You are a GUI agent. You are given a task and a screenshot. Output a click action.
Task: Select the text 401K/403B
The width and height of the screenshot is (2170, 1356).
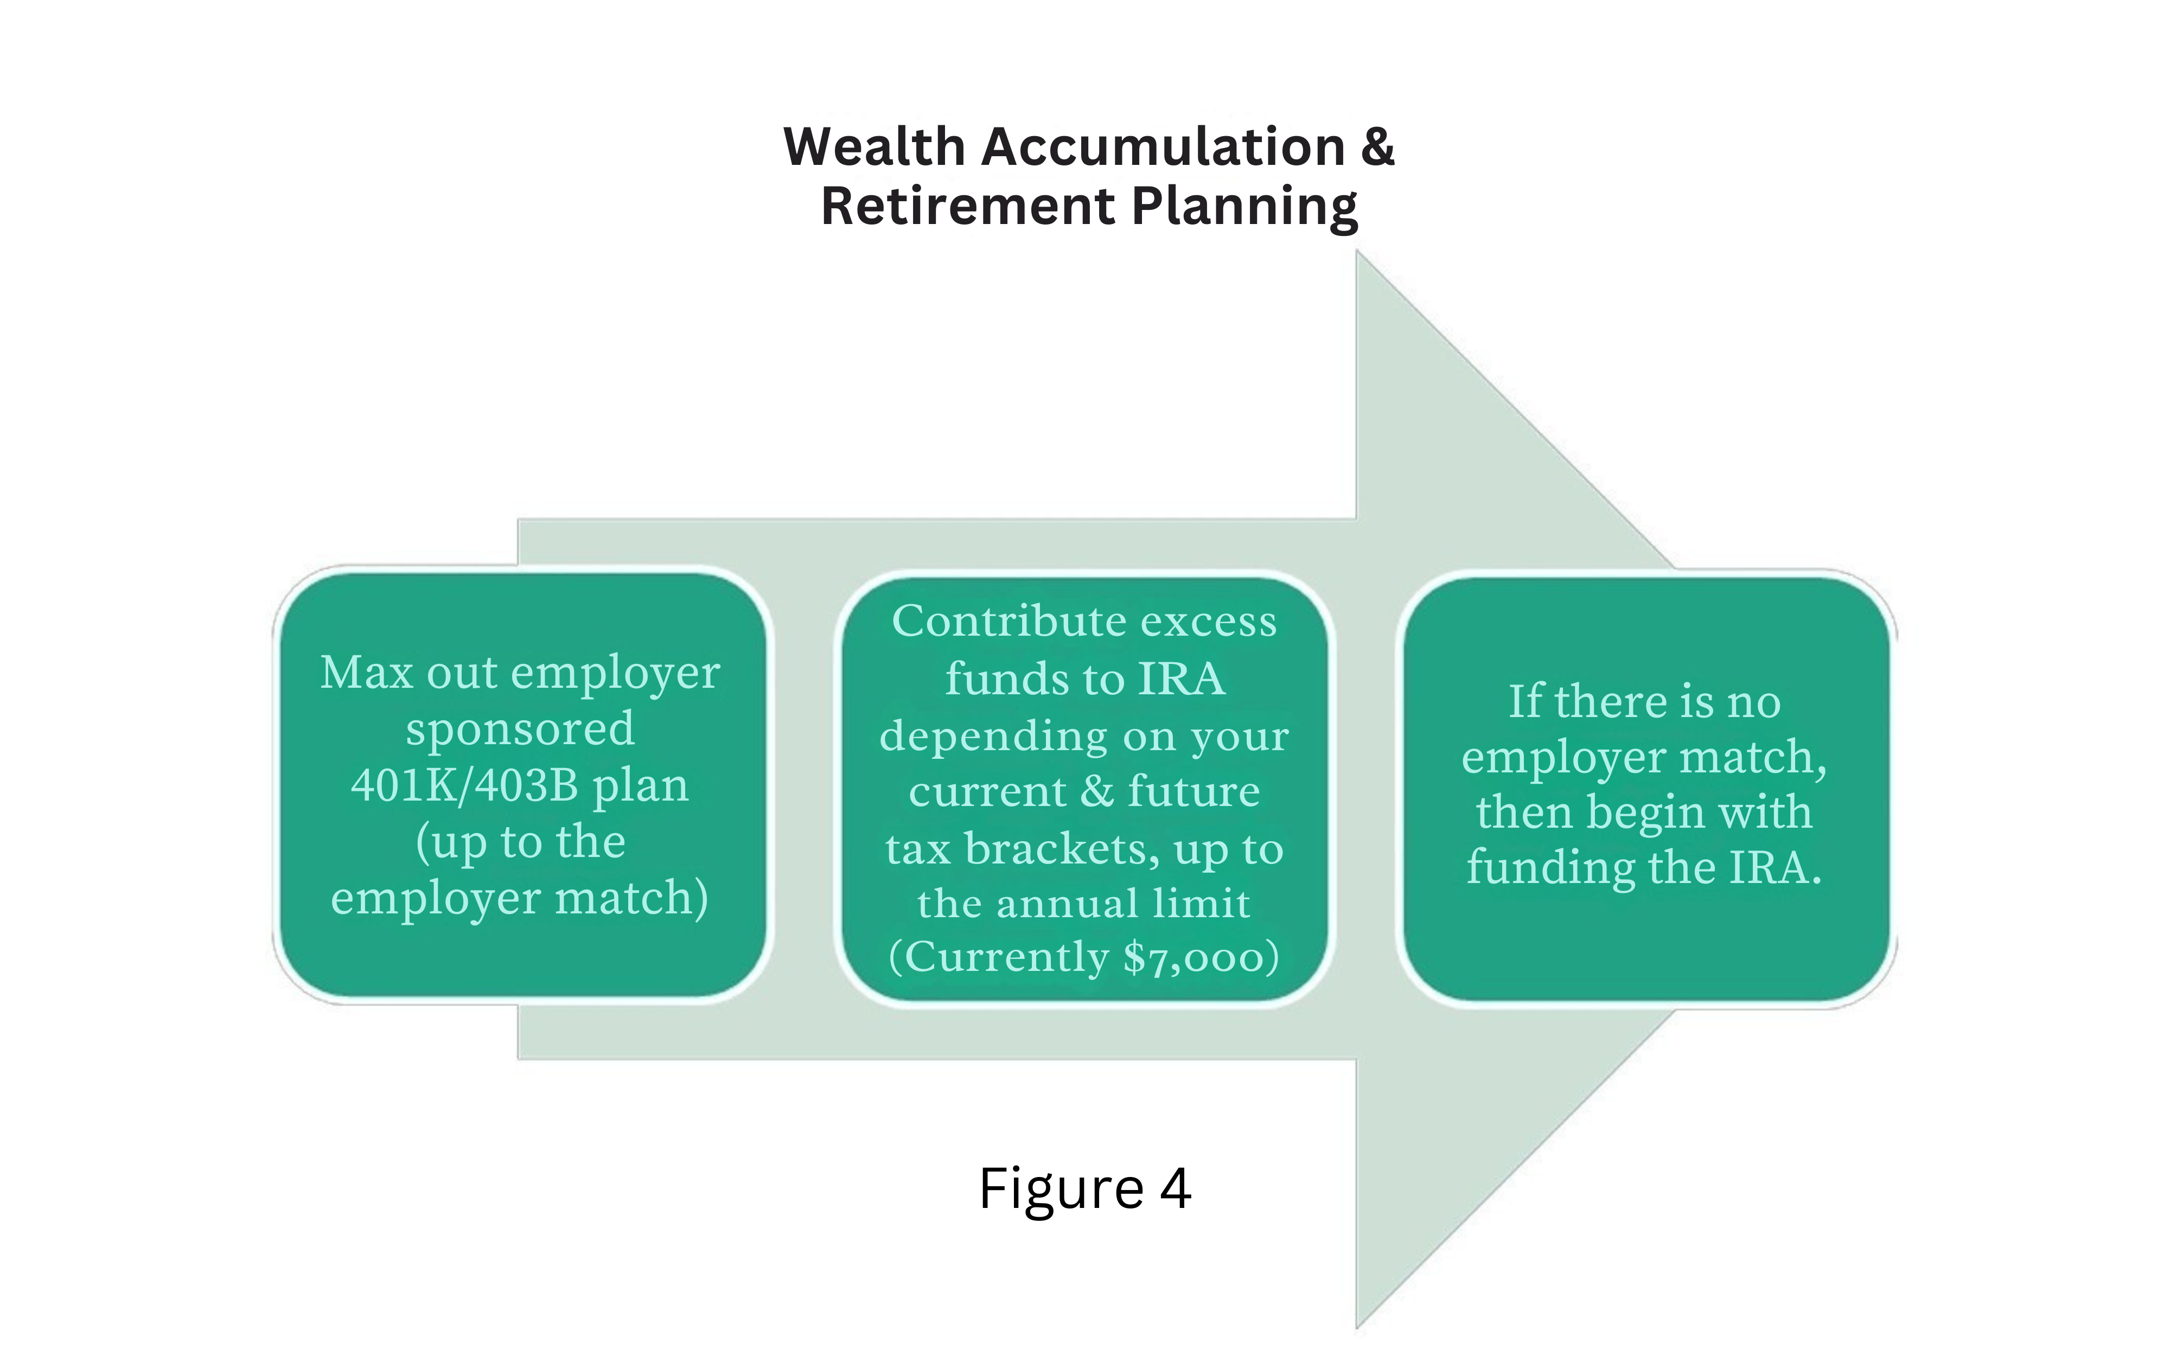click(464, 785)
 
